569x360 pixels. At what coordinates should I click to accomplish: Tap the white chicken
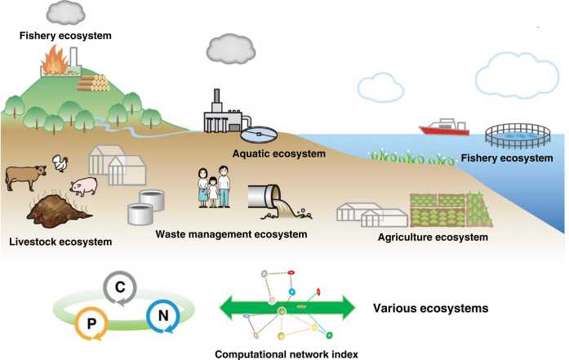[x=60, y=164]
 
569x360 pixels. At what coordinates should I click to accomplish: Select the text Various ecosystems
[x=430, y=309]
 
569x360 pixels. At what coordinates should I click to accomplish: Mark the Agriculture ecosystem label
[x=433, y=238]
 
